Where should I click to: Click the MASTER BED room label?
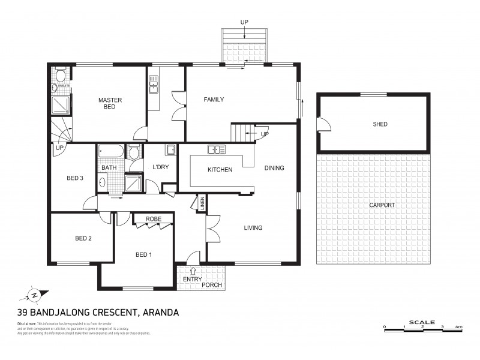click(110, 103)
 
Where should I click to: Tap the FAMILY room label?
click(214, 100)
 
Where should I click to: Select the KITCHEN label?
click(220, 170)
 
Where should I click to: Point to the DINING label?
click(274, 168)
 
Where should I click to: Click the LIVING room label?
click(253, 227)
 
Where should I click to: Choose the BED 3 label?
click(74, 178)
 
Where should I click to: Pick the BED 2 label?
click(83, 238)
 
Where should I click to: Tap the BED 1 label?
click(143, 254)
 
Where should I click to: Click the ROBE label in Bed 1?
click(153, 220)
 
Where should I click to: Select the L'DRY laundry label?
click(160, 167)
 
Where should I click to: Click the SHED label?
click(380, 124)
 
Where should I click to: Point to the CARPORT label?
click(382, 205)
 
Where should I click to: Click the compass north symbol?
click(35, 295)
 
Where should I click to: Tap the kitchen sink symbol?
click(216, 149)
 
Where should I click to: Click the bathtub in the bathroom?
click(111, 151)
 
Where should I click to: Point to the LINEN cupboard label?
click(202, 203)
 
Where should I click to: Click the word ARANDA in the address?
click(160, 312)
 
